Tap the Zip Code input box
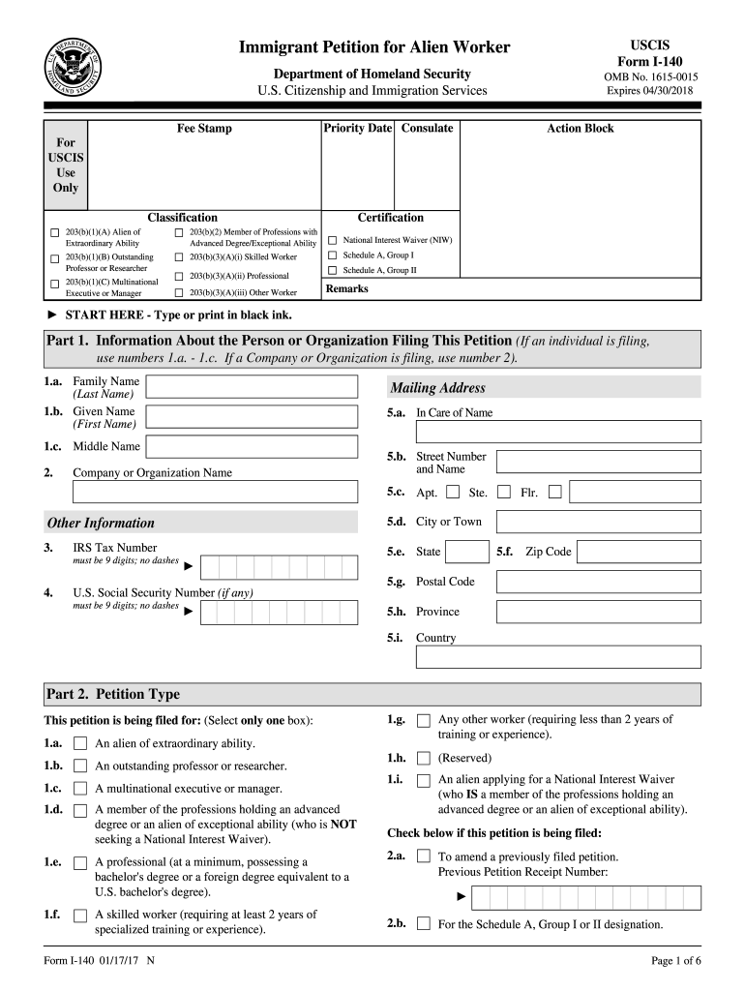pyautogui.click(x=639, y=552)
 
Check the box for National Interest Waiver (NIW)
pyautogui.click(x=333, y=240)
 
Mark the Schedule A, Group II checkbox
pyautogui.click(x=333, y=270)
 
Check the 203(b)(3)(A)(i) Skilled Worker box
pyautogui.click(x=179, y=257)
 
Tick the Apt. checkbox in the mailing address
pyautogui.click(x=453, y=492)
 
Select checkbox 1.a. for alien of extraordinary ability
pyautogui.click(x=80, y=743)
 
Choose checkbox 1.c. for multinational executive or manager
pyautogui.click(x=80, y=789)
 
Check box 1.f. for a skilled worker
pyautogui.click(x=80, y=916)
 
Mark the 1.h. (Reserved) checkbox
pyautogui.click(x=423, y=758)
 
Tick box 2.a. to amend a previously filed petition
pyautogui.click(x=423, y=856)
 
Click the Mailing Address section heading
pyautogui.click(x=437, y=388)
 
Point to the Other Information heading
pyautogui.click(x=101, y=523)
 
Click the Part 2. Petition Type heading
pyautogui.click(x=112, y=694)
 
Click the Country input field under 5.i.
pyautogui.click(x=558, y=657)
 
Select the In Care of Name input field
pyautogui.click(x=558, y=432)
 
